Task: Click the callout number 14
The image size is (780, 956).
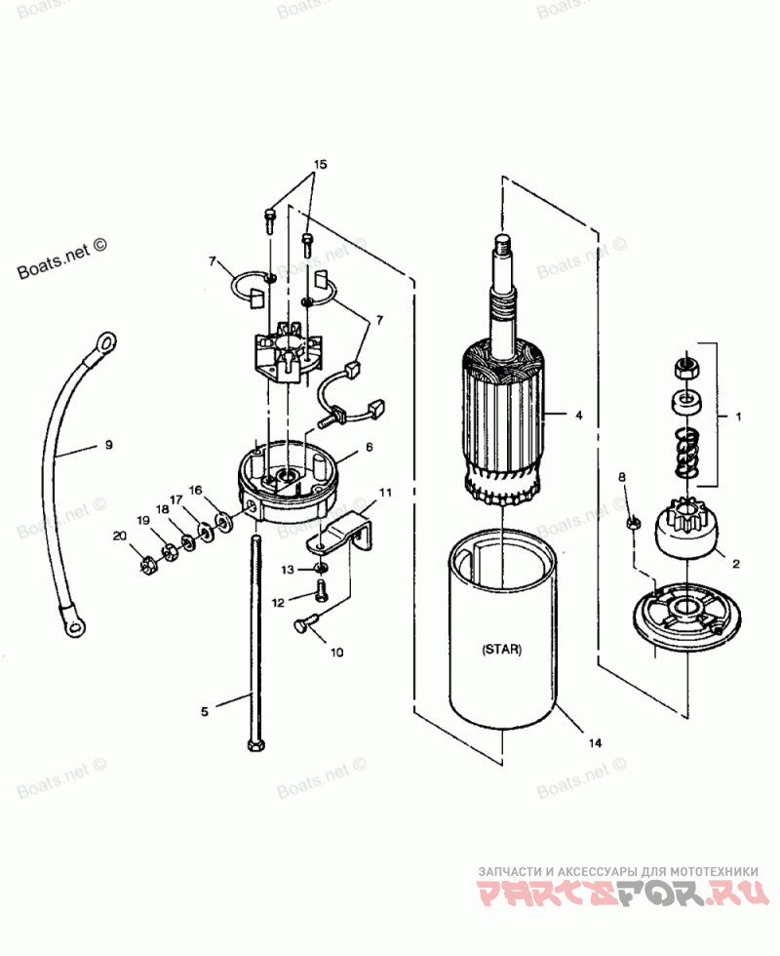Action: [x=595, y=742]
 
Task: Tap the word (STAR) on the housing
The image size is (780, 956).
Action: [x=501, y=650]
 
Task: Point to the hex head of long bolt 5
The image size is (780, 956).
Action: [x=253, y=743]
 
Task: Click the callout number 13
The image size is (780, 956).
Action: [x=288, y=568]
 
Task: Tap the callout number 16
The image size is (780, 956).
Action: [x=196, y=491]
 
